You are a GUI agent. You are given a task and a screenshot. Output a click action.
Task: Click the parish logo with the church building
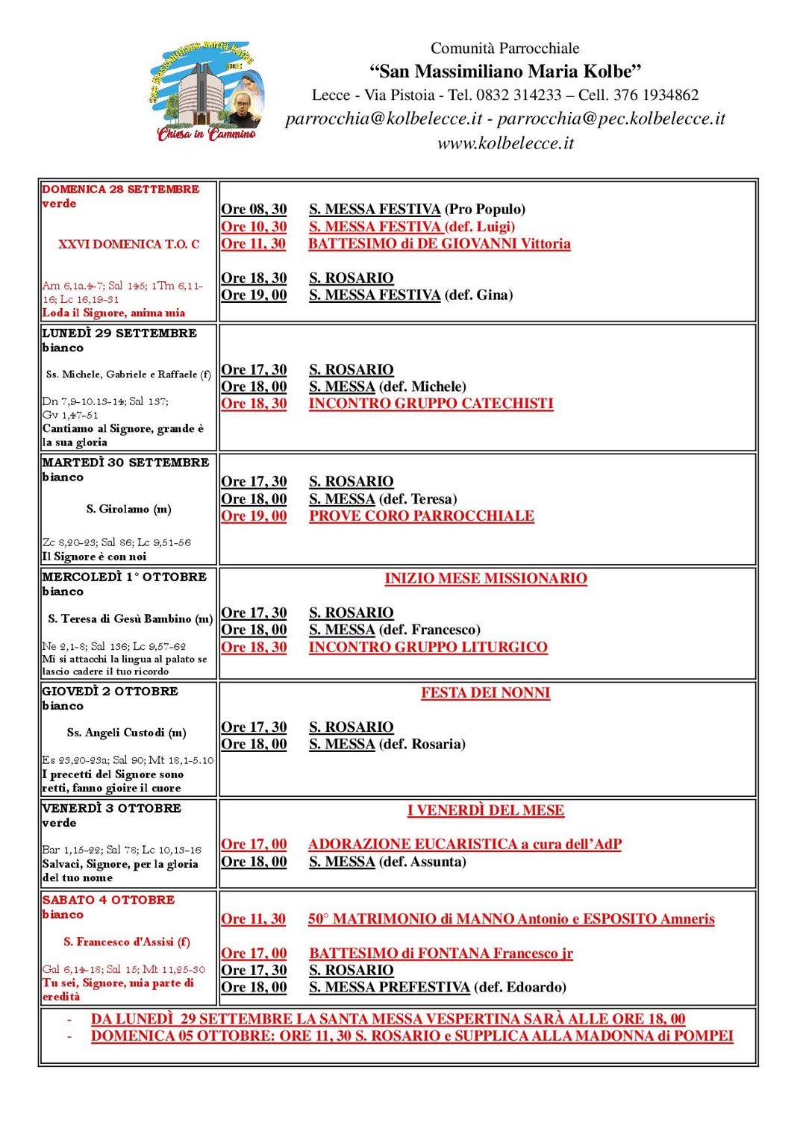pos(205,92)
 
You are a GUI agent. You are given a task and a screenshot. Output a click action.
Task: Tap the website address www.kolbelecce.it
pos(505,143)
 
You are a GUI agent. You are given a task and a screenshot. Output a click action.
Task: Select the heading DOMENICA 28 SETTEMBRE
pos(121,190)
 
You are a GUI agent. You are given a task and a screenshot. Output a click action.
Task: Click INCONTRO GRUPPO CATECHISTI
pos(431,404)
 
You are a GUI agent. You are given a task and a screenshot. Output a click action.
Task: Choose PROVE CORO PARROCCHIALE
pos(422,516)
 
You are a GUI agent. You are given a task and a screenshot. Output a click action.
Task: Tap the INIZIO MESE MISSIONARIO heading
pos(486,579)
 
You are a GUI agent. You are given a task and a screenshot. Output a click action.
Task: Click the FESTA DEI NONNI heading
pos(485,693)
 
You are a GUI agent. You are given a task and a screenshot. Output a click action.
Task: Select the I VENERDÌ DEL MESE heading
pos(485,810)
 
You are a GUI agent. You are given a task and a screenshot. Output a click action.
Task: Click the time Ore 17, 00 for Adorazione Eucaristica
pos(254,845)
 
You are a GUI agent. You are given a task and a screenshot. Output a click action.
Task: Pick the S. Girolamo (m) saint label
pos(128,510)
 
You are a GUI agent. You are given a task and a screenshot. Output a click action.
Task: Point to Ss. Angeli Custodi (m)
pos(126,733)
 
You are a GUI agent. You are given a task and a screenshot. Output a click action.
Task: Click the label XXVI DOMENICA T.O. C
pos(128,244)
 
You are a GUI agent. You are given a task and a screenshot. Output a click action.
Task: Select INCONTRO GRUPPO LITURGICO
pos(428,648)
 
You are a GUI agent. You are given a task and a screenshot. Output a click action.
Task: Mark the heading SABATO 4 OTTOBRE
pos(109,901)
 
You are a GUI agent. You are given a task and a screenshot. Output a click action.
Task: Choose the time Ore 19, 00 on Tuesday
pos(254,516)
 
